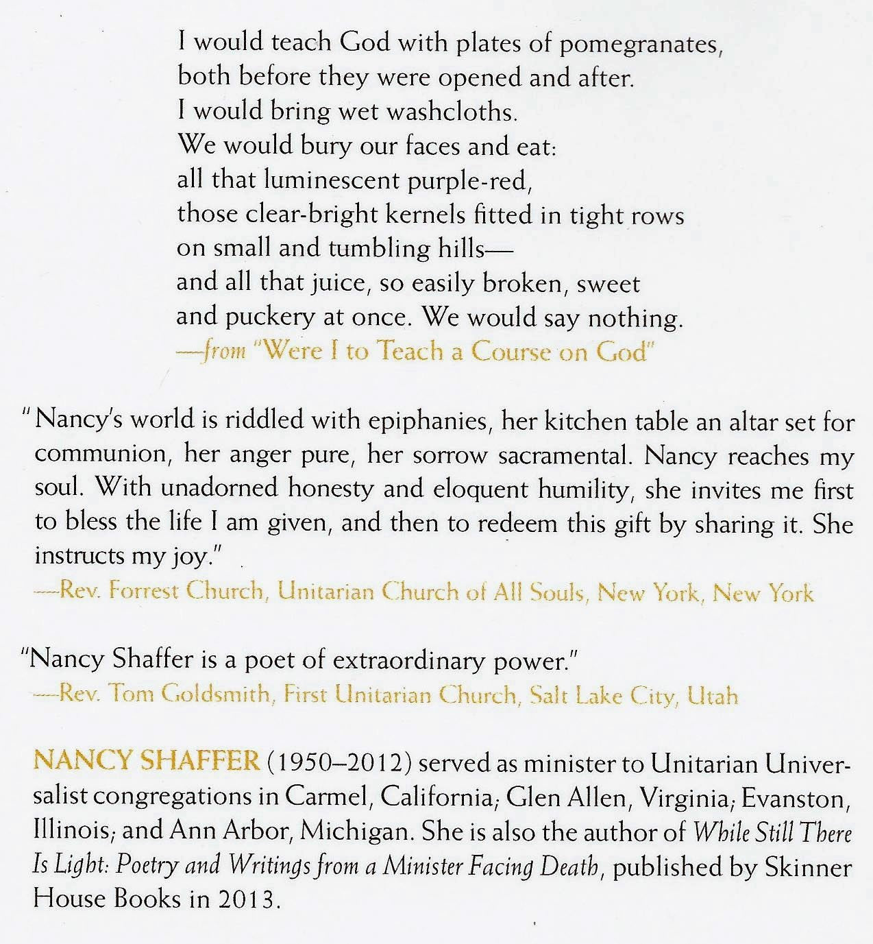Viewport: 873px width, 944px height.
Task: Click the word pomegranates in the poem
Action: [x=641, y=45]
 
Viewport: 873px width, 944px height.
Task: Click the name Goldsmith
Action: [x=218, y=694]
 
